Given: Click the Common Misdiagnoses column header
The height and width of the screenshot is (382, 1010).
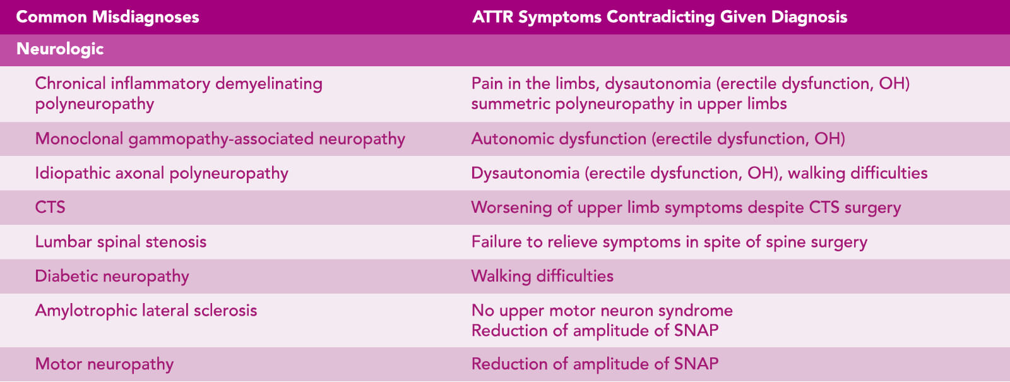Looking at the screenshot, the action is (107, 17).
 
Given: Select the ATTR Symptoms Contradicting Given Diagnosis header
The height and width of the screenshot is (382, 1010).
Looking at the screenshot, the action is (660, 17).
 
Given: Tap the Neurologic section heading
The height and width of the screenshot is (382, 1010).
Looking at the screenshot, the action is (60, 49).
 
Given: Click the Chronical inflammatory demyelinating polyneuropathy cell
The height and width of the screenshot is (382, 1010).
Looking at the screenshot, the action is (179, 93).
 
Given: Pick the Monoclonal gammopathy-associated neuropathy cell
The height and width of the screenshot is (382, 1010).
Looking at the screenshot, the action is (220, 139).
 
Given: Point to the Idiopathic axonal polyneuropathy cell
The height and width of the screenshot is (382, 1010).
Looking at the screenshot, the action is (162, 173).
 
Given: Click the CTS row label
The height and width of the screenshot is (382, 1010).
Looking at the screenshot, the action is (50, 208).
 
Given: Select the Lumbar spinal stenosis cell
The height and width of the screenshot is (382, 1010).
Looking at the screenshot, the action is (121, 242).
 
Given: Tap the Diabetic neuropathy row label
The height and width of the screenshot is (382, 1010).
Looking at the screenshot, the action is (112, 276).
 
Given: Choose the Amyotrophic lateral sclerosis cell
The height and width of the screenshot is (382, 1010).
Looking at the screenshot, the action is (146, 310).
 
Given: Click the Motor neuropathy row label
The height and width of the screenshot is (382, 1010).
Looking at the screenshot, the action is (104, 364).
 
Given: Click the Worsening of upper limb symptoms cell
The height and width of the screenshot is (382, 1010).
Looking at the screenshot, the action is (686, 208).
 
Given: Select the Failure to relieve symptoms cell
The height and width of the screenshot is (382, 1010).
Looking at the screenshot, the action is (669, 242).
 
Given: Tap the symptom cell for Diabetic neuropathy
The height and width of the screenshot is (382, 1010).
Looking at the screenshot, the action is (542, 276).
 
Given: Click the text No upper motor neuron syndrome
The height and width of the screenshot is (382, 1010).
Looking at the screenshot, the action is (602, 311).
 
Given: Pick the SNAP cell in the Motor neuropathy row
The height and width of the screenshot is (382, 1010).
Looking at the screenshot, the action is (595, 364).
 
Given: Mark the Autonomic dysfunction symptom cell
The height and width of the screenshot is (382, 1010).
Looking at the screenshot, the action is (658, 139).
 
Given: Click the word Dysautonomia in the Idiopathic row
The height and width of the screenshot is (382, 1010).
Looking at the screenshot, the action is (525, 173).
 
